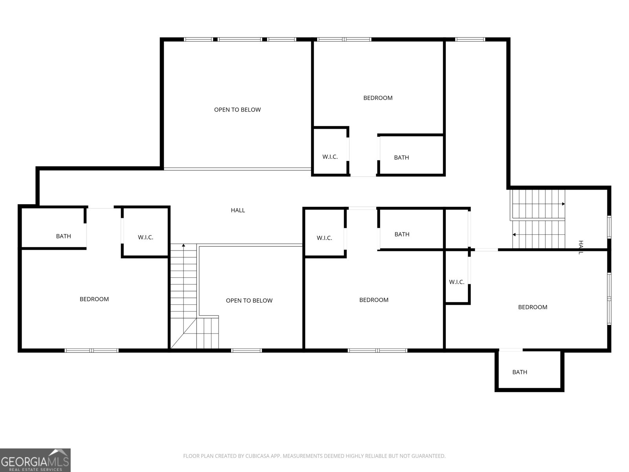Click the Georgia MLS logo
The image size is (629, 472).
pos(35,460)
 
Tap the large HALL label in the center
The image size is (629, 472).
pos(238,210)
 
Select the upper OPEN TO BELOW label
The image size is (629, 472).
pos(237,110)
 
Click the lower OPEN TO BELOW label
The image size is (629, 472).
pos(249,301)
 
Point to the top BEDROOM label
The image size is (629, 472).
pos(378,98)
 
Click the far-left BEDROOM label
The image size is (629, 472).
pos(94,299)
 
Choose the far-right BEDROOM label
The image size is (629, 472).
pos(532,307)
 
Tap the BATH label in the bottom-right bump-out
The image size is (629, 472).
pos(519,372)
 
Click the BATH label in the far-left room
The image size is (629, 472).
pos(63,236)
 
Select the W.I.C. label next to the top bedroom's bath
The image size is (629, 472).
pos(330,157)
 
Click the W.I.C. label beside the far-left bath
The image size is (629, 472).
pos(145,238)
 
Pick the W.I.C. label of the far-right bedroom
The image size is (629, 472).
pos(456,282)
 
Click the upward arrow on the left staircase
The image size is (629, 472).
pos(184,246)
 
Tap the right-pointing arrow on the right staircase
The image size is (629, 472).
pos(563,204)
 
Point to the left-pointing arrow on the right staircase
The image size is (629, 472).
pos(514,235)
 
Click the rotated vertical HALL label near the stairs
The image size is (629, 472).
pos(580,247)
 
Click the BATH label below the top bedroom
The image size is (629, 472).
pos(401,158)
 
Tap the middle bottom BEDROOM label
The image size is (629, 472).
pos(373,300)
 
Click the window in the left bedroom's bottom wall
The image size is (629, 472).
pos(92,350)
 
